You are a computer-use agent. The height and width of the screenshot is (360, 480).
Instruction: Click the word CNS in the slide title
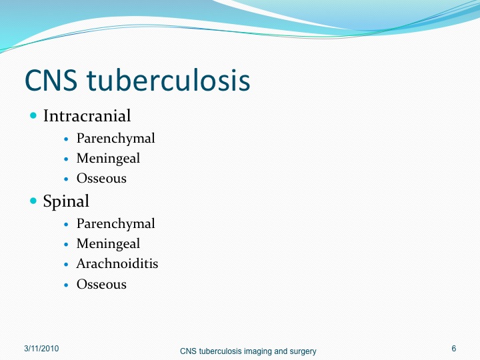(x=51, y=80)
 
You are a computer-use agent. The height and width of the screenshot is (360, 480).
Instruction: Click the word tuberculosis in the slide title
(x=169, y=80)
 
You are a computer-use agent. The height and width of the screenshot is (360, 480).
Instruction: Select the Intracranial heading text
(x=87, y=116)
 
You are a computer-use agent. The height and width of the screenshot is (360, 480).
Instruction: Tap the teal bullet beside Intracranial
(x=33, y=115)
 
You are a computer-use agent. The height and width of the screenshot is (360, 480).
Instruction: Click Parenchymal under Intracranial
(x=116, y=139)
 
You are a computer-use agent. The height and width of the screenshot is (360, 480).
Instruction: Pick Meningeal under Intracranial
(x=108, y=159)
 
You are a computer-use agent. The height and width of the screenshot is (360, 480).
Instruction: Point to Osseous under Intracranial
(x=101, y=179)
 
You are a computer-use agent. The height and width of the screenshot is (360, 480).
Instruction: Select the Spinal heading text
(x=66, y=201)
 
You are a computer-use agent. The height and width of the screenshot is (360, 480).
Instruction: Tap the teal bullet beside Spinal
(x=33, y=201)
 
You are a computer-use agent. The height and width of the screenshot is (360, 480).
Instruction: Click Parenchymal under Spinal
(x=116, y=224)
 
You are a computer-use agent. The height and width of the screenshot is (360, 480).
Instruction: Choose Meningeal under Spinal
(x=108, y=244)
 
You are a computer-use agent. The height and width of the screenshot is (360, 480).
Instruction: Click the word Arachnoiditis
(x=117, y=263)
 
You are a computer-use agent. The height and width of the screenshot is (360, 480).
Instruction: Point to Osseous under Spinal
(x=101, y=285)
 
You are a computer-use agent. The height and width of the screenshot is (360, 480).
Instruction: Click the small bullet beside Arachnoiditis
(x=66, y=265)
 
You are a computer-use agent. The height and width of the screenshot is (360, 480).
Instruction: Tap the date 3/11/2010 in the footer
(x=41, y=349)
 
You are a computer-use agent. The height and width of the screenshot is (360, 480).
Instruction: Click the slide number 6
(x=454, y=349)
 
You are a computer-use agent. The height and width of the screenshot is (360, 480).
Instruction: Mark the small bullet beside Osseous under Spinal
(x=66, y=285)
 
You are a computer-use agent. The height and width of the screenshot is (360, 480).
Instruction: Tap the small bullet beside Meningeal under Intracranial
(x=66, y=159)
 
